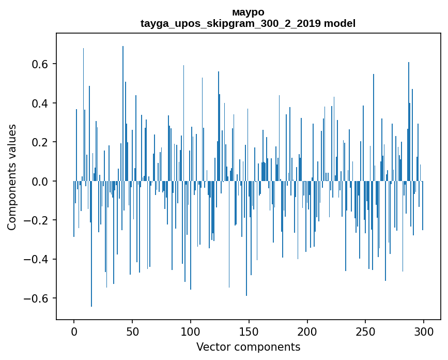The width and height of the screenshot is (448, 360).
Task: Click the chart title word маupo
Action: coord(248,12)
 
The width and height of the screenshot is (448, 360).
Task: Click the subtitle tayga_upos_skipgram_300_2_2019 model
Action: coord(248,23)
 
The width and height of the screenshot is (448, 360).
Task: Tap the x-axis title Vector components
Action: coord(248,347)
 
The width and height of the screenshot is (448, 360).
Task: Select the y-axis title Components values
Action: coord(12,177)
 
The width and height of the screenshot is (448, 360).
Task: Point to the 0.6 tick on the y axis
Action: coord(40,64)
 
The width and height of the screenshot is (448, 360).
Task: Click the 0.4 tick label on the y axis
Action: coord(40,103)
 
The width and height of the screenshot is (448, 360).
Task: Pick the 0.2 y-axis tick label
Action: coord(40,142)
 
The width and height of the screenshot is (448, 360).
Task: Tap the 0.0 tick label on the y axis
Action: coord(40,182)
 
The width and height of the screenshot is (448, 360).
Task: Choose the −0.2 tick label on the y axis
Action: coord(37,220)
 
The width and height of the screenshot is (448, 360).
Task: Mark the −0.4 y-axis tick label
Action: coord(37,260)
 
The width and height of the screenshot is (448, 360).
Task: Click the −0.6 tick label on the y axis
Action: coord(37,298)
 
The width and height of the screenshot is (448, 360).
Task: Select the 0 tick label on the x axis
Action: coord(74,331)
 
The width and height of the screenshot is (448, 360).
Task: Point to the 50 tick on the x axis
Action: coord(132,331)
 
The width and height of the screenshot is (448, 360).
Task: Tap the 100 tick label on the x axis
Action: coord(191,331)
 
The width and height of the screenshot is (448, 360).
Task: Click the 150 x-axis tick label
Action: coord(249,331)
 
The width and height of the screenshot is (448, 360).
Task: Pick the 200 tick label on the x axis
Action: coord(307,331)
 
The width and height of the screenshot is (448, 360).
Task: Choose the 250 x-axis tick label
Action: coord(366,331)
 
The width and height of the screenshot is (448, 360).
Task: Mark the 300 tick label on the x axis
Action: coord(424,331)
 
